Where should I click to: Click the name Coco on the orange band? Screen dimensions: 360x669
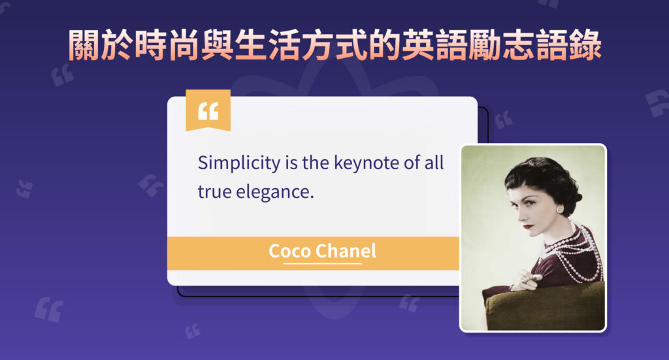click(289, 252)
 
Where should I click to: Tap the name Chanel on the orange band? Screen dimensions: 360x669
click(346, 252)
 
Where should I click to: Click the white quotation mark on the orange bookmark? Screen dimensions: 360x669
click(208, 111)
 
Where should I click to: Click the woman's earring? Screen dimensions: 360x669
click(560, 209)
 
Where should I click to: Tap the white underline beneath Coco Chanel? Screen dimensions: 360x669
click(323, 263)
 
